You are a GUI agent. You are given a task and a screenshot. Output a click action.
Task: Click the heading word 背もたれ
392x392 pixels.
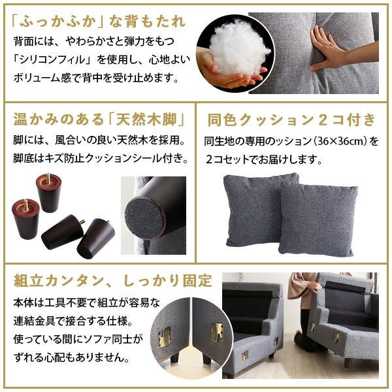[x=149, y=22]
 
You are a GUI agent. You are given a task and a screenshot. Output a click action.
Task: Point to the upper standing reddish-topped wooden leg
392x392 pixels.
[x=49, y=191]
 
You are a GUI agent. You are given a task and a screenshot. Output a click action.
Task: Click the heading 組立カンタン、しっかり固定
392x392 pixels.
[x=113, y=281]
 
